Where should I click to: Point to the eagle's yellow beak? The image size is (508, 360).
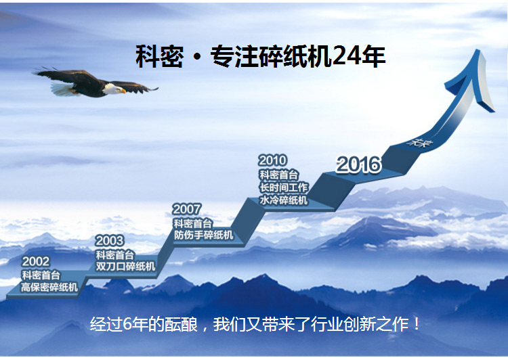click(x=123, y=91)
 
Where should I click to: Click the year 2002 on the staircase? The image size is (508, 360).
click(x=36, y=261)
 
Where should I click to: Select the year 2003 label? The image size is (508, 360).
click(x=110, y=241)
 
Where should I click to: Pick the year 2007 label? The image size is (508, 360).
click(x=187, y=209)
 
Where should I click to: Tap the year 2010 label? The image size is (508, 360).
click(x=273, y=160)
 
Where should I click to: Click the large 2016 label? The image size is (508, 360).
click(x=358, y=164)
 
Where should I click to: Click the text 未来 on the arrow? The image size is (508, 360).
click(x=420, y=142)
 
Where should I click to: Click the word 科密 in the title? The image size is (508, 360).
click(x=159, y=56)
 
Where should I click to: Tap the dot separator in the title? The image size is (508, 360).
click(x=197, y=58)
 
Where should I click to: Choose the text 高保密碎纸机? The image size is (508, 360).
click(x=49, y=287)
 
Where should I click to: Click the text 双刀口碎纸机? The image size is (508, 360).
click(x=125, y=267)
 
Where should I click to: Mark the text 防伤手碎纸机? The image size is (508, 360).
click(x=203, y=235)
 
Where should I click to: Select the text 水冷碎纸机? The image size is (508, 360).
click(x=284, y=200)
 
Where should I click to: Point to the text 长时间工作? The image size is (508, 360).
click(x=284, y=187)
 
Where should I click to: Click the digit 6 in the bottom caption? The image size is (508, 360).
click(x=127, y=324)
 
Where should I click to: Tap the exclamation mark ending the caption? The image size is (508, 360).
click(x=417, y=324)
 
